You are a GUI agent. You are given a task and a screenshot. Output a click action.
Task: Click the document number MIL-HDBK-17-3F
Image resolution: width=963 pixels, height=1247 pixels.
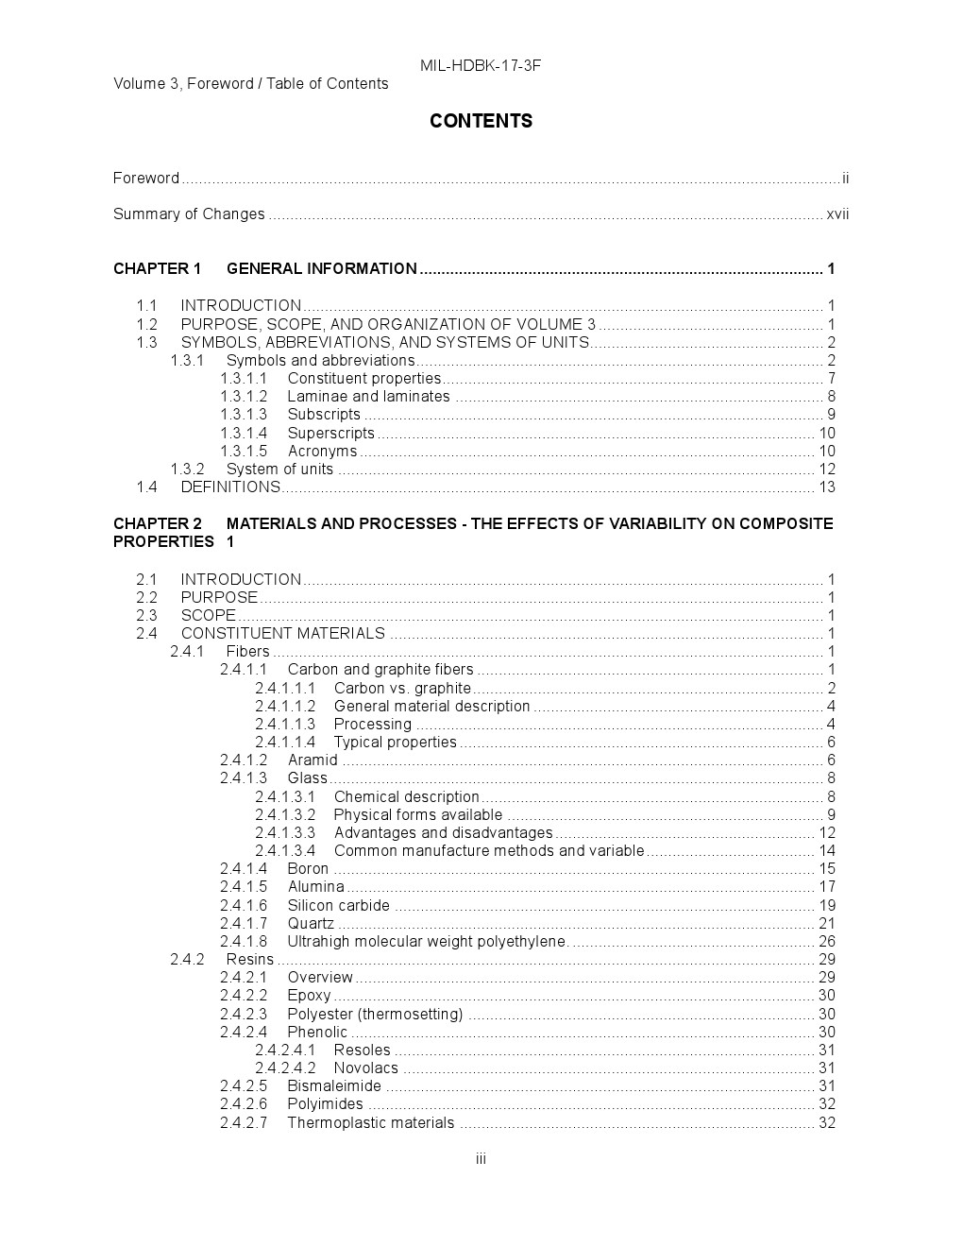(x=481, y=65)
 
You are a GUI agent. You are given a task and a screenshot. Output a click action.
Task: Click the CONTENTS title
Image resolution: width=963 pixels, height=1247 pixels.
(x=481, y=121)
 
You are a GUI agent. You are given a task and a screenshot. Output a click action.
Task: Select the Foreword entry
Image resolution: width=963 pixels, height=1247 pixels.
(x=146, y=178)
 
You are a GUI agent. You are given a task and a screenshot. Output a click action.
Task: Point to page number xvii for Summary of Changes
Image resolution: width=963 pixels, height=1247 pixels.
(x=837, y=214)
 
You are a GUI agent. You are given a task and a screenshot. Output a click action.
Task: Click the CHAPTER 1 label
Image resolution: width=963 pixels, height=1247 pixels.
(x=158, y=268)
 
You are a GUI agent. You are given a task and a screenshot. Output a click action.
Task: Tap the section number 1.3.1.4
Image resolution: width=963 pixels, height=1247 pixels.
(x=244, y=433)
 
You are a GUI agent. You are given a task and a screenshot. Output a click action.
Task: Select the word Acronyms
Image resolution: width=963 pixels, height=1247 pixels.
(x=322, y=451)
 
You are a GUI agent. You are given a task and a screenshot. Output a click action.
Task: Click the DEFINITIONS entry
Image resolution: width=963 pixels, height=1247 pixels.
(x=230, y=487)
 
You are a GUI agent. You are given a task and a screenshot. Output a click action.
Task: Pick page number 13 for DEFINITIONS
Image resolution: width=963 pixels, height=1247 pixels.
(x=827, y=487)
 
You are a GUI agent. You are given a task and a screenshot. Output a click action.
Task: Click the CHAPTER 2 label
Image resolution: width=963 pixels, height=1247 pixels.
(x=158, y=523)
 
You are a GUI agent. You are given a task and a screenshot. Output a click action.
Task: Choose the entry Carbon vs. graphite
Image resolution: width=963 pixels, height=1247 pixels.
(x=402, y=688)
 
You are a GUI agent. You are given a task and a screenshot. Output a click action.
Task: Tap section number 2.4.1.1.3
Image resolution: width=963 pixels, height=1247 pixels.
(x=285, y=724)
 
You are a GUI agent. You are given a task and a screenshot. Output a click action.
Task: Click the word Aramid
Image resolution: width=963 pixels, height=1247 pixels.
(x=313, y=760)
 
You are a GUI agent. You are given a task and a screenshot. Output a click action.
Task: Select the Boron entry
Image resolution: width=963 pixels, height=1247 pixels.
(x=308, y=868)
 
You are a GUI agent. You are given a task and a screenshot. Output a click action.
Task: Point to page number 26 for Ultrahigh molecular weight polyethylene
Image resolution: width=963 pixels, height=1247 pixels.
(x=827, y=941)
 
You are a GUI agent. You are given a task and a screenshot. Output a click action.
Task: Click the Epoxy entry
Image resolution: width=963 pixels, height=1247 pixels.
(x=309, y=995)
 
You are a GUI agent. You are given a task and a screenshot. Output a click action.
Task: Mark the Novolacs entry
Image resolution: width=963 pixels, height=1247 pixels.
(x=366, y=1068)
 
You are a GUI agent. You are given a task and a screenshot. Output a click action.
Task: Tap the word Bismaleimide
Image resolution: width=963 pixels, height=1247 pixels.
(x=334, y=1085)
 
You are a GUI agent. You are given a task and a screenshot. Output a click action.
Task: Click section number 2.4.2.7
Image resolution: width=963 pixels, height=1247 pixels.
(x=244, y=1122)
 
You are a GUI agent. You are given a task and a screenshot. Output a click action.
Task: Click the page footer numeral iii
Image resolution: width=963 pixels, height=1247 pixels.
(x=481, y=1159)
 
